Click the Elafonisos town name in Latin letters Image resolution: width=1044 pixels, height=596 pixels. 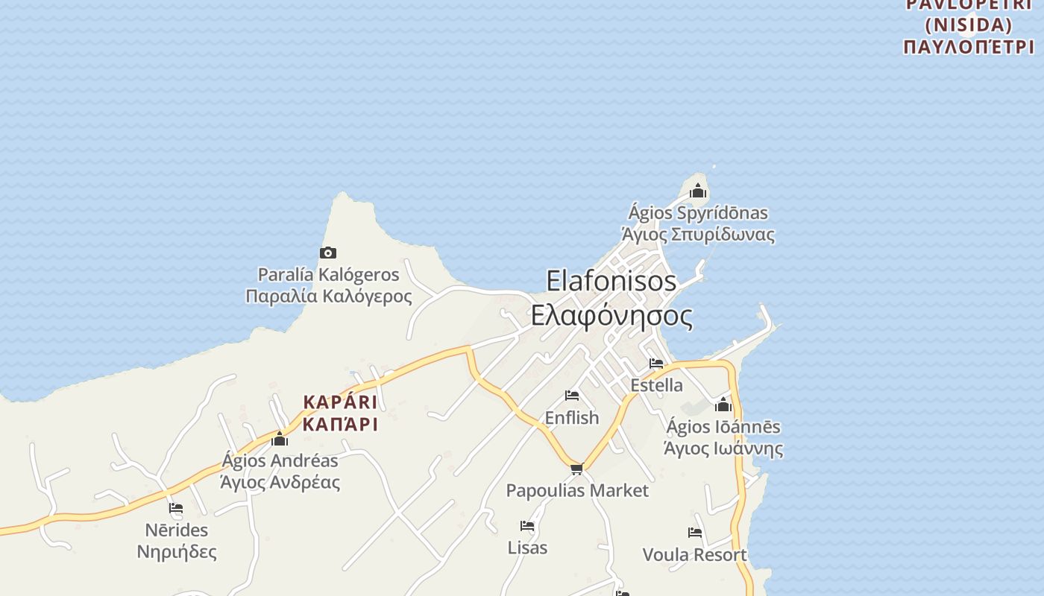611,281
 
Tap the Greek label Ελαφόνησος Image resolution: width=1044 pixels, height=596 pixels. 611,315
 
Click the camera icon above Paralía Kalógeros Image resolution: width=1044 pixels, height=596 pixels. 328,253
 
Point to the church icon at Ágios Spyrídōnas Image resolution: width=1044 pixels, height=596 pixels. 698,191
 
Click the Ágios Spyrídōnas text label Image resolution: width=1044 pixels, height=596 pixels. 698,213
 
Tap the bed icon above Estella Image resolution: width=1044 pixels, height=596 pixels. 656,364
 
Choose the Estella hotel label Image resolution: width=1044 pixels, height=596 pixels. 656,385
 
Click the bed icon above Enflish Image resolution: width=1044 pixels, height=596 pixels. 572,396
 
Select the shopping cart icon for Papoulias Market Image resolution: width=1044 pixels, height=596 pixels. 576,469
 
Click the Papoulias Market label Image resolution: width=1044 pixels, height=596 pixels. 577,491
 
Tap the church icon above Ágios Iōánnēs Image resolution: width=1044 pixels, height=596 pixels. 723,405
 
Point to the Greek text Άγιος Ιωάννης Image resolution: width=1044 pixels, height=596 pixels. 723,448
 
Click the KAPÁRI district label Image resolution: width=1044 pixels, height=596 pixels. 340,402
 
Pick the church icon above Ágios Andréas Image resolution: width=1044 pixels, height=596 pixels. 280,439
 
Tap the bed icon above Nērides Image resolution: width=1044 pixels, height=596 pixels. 176,508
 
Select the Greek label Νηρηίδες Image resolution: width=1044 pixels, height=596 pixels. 177,552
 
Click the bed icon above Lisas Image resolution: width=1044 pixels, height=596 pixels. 527,526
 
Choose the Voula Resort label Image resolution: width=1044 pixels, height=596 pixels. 694,555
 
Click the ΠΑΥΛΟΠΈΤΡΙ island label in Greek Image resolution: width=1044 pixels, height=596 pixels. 969,47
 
